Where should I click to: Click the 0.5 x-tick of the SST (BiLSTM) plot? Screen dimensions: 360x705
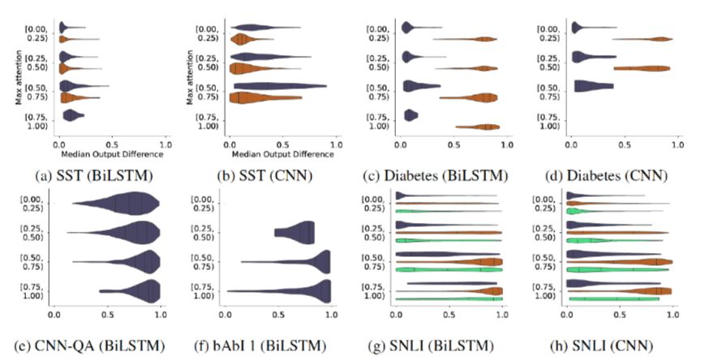click(x=113, y=143)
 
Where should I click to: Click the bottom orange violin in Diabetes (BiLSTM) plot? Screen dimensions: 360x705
click(x=478, y=126)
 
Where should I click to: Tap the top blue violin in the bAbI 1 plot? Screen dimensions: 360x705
click(x=296, y=232)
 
